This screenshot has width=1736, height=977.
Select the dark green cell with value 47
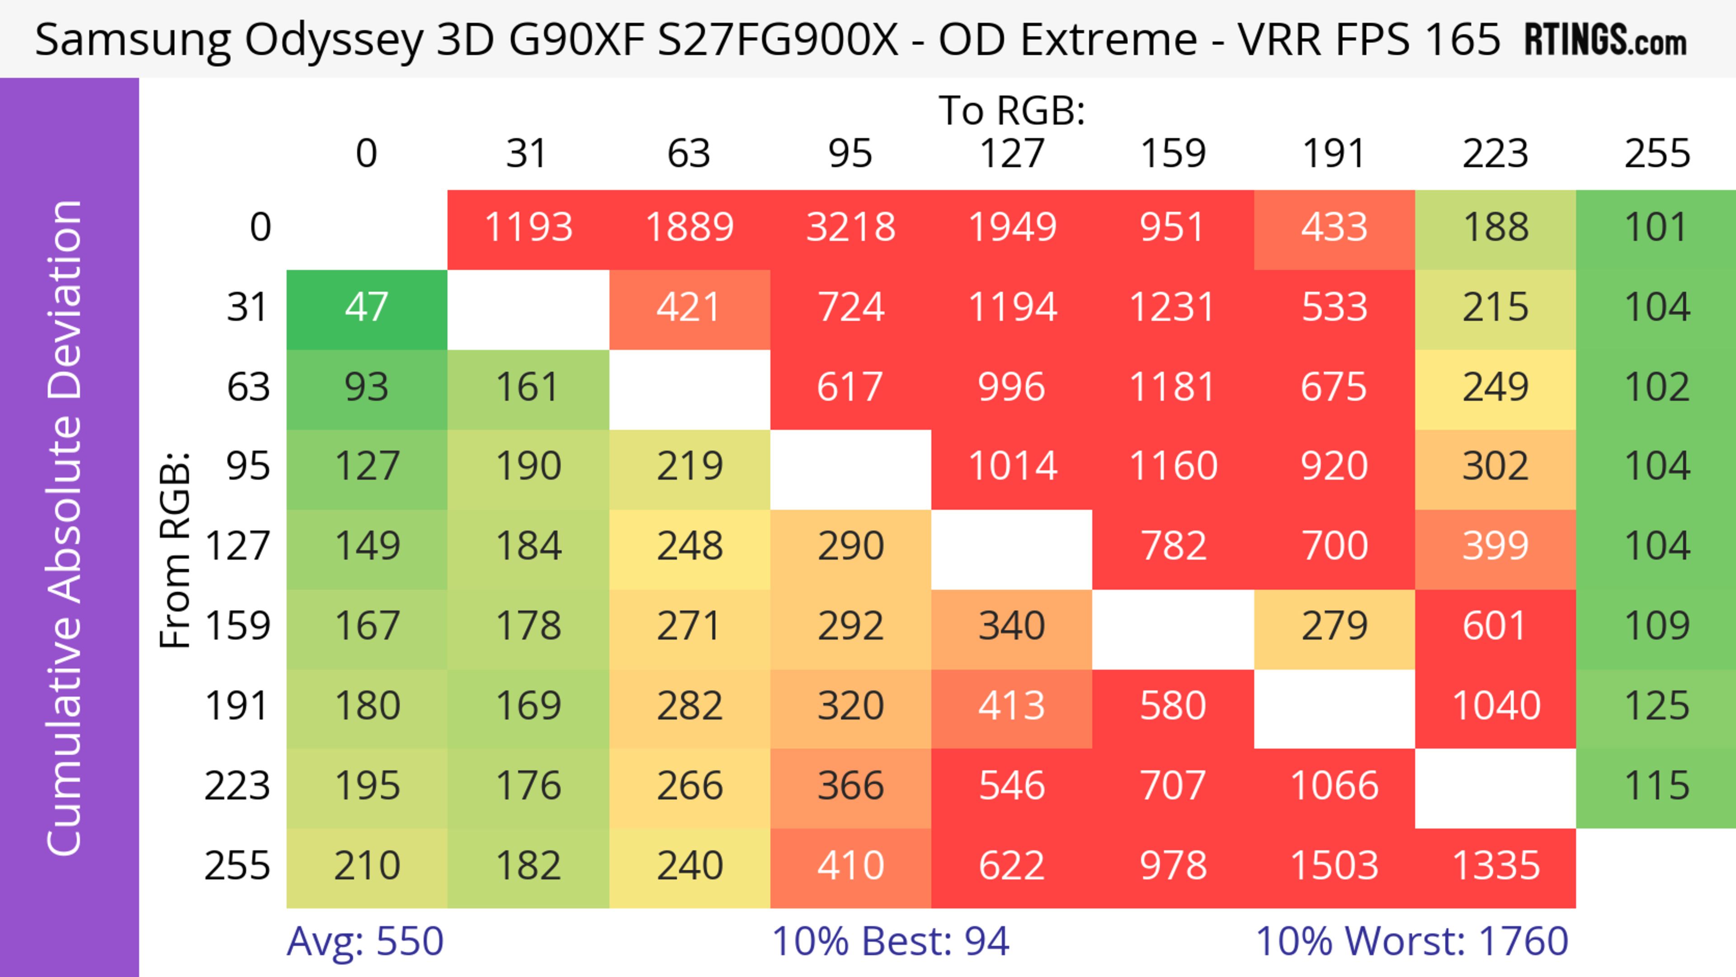click(367, 307)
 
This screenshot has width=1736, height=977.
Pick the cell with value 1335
click(1495, 866)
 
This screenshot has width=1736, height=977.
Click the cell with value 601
click(1495, 627)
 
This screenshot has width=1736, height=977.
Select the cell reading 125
click(1656, 706)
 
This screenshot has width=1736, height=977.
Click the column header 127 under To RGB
click(1012, 154)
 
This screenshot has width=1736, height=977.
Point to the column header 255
click(1656, 154)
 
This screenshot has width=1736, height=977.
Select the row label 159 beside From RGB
click(237, 627)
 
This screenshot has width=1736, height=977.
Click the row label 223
click(237, 786)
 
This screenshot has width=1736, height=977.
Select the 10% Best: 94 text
click(890, 941)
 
